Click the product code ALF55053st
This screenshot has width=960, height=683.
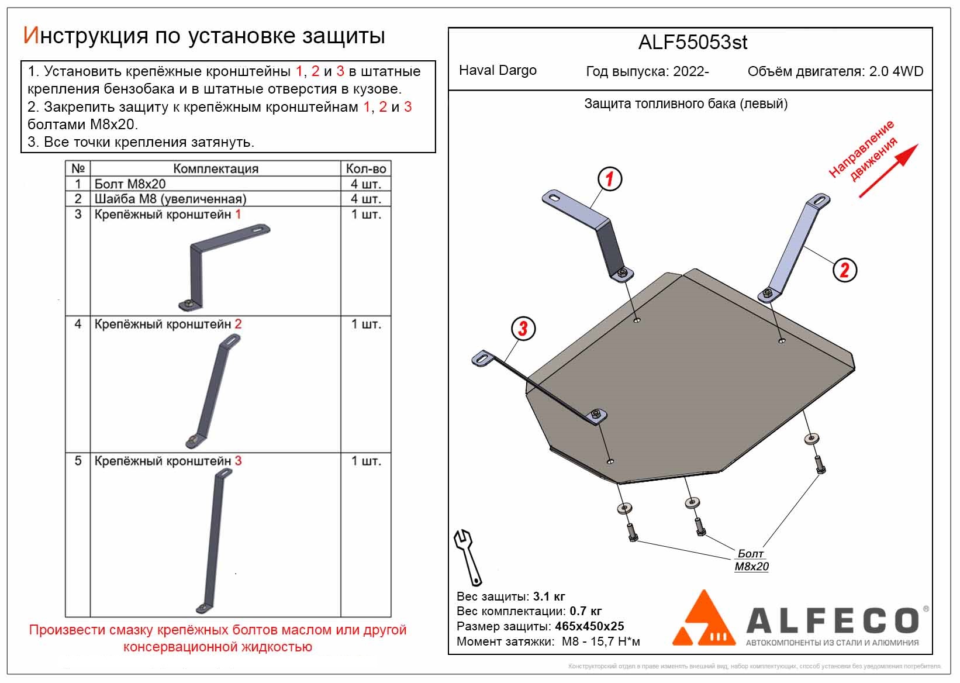tap(692, 43)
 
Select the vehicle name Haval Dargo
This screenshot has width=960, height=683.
tap(498, 70)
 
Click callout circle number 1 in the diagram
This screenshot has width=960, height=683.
tap(609, 179)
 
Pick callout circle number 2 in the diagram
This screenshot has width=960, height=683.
tap(844, 270)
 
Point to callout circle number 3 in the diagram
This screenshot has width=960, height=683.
tap(523, 329)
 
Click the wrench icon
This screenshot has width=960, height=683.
tap(468, 557)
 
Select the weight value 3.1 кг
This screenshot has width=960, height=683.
tap(549, 596)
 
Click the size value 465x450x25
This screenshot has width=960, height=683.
tap(589, 626)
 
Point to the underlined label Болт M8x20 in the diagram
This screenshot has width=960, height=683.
tap(751, 560)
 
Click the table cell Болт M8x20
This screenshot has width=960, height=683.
tap(130, 184)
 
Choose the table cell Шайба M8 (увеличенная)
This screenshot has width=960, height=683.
tap(171, 199)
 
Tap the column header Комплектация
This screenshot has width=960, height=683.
tap(216, 168)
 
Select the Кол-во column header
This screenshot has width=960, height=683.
tap(366, 168)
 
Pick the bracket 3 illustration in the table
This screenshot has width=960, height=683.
tap(215, 541)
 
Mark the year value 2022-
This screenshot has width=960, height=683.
tap(691, 71)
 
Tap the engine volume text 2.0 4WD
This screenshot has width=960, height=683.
tap(896, 71)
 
